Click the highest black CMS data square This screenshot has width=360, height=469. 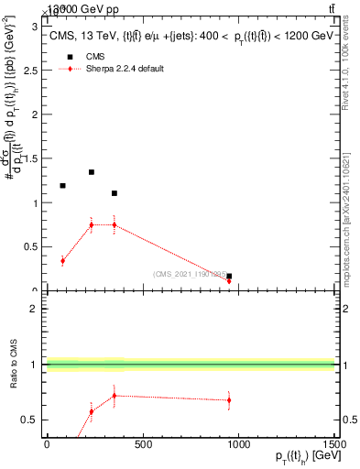coord(92,172)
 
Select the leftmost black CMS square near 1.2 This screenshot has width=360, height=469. coord(62,186)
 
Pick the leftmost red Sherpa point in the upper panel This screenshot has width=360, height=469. coord(62,261)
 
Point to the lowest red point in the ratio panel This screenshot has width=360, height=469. coord(92,411)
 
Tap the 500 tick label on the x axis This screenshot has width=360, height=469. coord(143,445)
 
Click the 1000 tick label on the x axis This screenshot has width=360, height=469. coord(238,445)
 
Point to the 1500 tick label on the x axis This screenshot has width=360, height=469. coord(333,445)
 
